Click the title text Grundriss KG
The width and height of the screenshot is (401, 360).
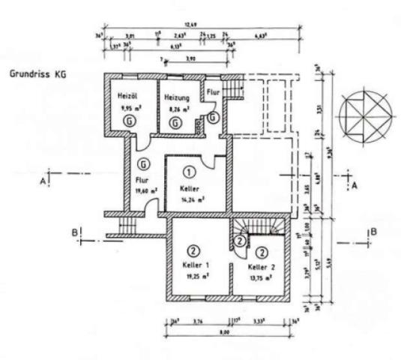pyautogui.click(x=34, y=75)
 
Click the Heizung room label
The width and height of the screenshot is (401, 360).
pyautogui.click(x=177, y=97)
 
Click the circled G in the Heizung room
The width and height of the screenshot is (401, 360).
pyautogui.click(x=175, y=121)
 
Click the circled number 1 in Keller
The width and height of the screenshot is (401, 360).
pyautogui.click(x=190, y=172)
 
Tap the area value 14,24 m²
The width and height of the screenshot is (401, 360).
pyautogui.click(x=193, y=199)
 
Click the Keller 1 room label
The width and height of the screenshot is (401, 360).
pyautogui.click(x=196, y=265)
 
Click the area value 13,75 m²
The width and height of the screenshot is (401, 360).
pyautogui.click(x=262, y=277)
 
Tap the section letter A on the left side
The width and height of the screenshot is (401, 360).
pyautogui.click(x=44, y=181)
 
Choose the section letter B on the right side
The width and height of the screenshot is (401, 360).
pyautogui.click(x=373, y=232)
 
